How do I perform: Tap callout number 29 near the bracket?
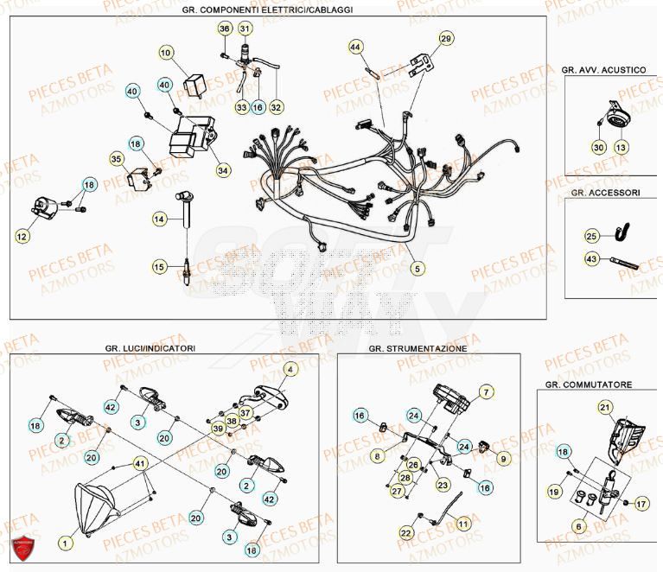445,39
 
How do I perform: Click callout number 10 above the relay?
165,53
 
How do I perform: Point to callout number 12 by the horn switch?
22,234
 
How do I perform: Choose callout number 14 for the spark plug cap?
158,220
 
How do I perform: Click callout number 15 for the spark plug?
158,266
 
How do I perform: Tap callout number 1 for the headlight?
62,543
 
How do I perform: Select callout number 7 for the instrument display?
486,392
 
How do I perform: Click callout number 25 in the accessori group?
591,236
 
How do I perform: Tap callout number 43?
591,258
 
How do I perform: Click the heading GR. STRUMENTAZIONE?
418,348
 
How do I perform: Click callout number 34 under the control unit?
223,170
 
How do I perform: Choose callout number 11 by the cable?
463,524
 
